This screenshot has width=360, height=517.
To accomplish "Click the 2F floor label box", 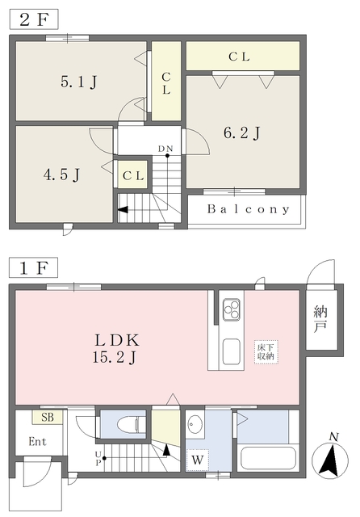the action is click(34, 19).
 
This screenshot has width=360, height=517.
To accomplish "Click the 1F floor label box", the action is click(34, 267).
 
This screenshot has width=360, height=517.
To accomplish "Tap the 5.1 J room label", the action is click(79, 82).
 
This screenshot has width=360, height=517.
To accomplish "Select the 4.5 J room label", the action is click(61, 174).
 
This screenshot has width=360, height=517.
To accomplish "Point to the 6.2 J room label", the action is click(242, 132).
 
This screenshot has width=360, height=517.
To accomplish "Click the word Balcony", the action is click(249, 209).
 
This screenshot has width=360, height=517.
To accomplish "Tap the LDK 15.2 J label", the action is click(116, 348).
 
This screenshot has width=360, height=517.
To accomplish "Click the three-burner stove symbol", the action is click(231, 309).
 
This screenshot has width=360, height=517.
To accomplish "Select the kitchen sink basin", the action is click(231, 351).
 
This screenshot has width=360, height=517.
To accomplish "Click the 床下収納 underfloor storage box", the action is click(266, 352).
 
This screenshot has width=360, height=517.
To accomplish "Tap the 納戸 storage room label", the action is click(320, 319).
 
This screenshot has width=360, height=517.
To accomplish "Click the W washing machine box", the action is click(198, 460).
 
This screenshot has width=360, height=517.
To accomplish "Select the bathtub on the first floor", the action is click(268, 459).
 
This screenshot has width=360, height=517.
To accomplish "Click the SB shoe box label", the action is click(48, 417).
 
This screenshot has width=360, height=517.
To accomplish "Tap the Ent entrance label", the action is click(37, 441).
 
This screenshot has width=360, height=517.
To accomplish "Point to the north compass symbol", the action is click(330, 459).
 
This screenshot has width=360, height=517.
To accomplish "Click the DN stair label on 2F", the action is click(165, 149).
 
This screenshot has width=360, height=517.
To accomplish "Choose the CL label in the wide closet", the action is click(240, 57).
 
